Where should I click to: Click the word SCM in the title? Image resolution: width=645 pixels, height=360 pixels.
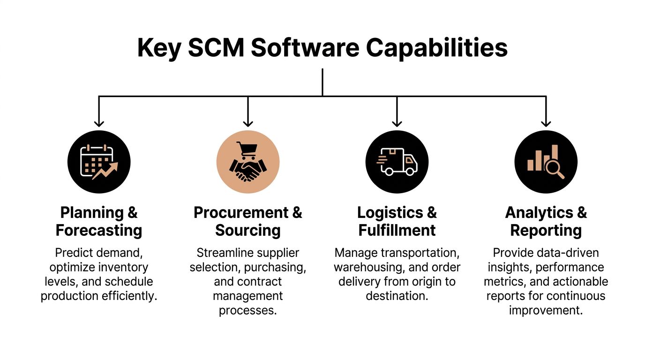(x=216, y=48)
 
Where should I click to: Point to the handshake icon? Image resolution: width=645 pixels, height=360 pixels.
(x=247, y=171)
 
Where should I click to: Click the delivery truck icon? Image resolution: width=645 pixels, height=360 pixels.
(x=397, y=162)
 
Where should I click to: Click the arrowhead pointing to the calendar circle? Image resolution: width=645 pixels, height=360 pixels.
(x=99, y=124)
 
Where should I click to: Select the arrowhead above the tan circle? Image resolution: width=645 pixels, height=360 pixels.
(x=248, y=124)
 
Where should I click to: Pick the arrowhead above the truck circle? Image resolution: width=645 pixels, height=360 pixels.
(x=397, y=124)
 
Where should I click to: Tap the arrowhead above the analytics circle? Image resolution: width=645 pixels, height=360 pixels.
(x=546, y=124)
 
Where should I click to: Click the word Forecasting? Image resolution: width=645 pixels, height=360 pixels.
(x=99, y=231)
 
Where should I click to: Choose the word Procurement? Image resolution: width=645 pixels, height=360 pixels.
(x=241, y=213)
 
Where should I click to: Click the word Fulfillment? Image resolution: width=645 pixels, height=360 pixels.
(x=397, y=231)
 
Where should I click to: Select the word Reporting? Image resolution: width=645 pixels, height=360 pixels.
(x=546, y=231)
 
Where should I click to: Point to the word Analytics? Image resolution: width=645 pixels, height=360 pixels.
(x=539, y=213)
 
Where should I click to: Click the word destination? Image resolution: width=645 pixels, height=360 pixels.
(x=397, y=296)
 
